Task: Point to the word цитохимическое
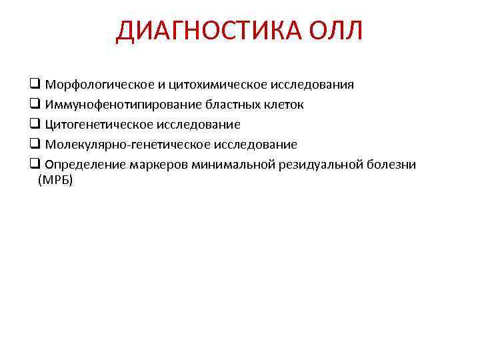tap(213, 85)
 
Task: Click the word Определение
tap(83, 165)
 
